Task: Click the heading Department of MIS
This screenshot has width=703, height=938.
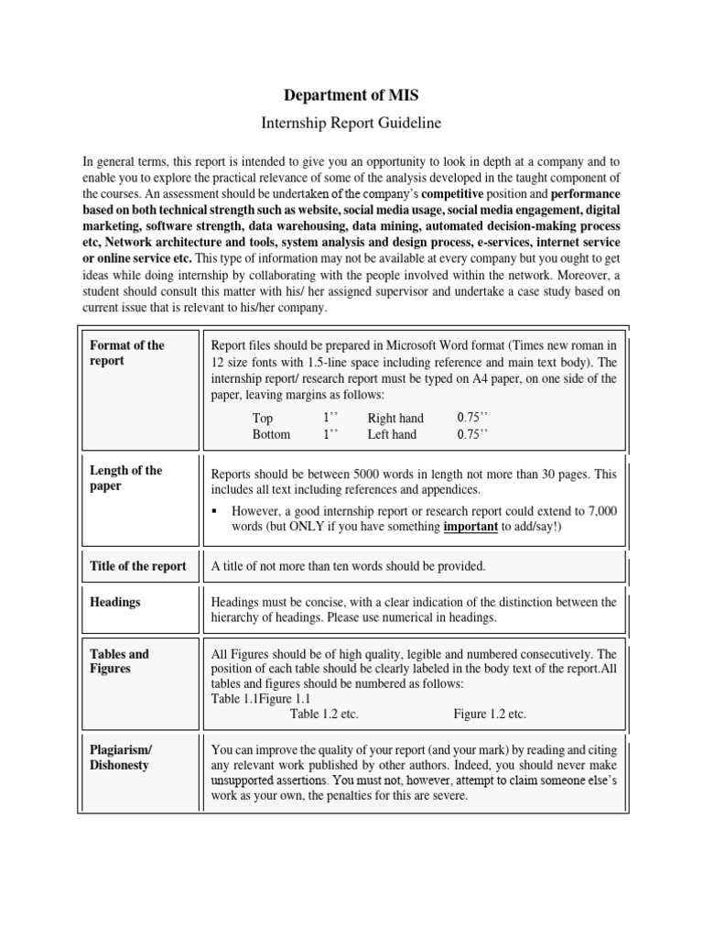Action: pos(351,94)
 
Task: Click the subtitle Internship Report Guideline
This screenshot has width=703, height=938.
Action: pos(351,122)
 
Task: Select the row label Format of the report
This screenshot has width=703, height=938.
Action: pos(127,353)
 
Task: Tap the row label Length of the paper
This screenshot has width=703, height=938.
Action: pos(125,478)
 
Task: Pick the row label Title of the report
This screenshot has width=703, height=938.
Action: pos(137,566)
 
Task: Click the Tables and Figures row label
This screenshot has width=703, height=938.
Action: pos(119,661)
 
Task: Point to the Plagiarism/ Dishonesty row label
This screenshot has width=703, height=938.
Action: pos(120,757)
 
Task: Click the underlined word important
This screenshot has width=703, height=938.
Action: pos(470,528)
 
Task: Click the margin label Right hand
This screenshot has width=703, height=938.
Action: pos(395,418)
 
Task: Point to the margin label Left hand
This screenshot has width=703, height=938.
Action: pos(392,434)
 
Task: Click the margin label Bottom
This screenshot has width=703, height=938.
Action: pos(271,434)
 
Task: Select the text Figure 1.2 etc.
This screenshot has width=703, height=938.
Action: pos(490,714)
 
